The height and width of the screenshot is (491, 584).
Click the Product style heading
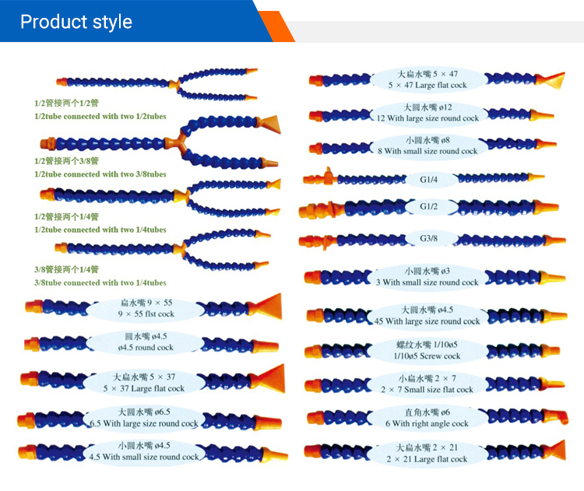76,21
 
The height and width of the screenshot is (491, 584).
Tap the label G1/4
430,178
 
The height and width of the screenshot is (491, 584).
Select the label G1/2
430,207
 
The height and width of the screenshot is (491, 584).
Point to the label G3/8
430,239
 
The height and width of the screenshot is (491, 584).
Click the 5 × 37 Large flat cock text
144,388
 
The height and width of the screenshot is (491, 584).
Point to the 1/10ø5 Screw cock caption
427,356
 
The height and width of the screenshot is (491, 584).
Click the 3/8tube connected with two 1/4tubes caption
100,283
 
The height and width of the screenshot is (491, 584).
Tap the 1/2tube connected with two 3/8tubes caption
100,174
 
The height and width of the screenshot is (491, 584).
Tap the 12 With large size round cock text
427,119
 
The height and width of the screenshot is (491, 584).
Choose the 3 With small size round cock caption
427,282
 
